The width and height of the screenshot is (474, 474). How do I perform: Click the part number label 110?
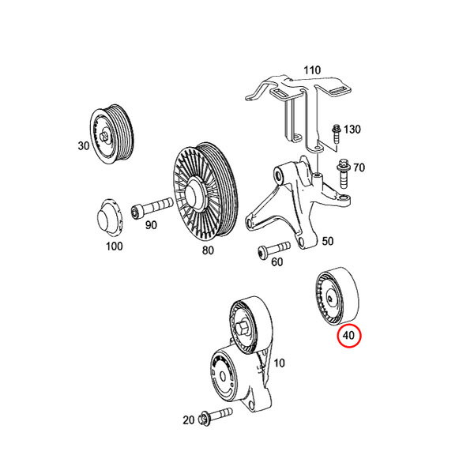tap(312, 70)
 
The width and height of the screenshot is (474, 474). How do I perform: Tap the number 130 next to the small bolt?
tap(352, 130)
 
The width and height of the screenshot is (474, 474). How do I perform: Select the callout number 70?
tap(359, 167)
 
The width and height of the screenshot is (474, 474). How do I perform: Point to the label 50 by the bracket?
tap(327, 241)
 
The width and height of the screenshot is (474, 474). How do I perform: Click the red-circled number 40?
tap(348, 335)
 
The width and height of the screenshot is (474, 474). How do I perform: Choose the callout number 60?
tap(277, 261)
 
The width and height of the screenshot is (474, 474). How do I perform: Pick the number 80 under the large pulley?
tap(208, 250)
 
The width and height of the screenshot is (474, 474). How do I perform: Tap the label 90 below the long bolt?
tap(151, 225)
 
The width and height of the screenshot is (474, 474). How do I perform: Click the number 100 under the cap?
tap(115, 246)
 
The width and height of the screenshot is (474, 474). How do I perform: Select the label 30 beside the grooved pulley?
tap(84, 145)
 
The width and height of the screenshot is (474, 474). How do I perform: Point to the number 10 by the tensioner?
tap(279, 363)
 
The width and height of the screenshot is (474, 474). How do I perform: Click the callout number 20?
tap(188, 420)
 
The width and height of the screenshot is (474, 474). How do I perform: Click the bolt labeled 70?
tap(343, 174)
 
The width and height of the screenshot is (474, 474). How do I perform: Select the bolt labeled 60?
tap(274, 250)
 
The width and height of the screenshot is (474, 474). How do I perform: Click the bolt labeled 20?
tap(216, 416)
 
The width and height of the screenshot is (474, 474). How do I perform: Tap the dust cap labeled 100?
tap(109, 217)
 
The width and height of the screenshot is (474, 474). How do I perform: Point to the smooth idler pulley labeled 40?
tap(337, 296)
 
